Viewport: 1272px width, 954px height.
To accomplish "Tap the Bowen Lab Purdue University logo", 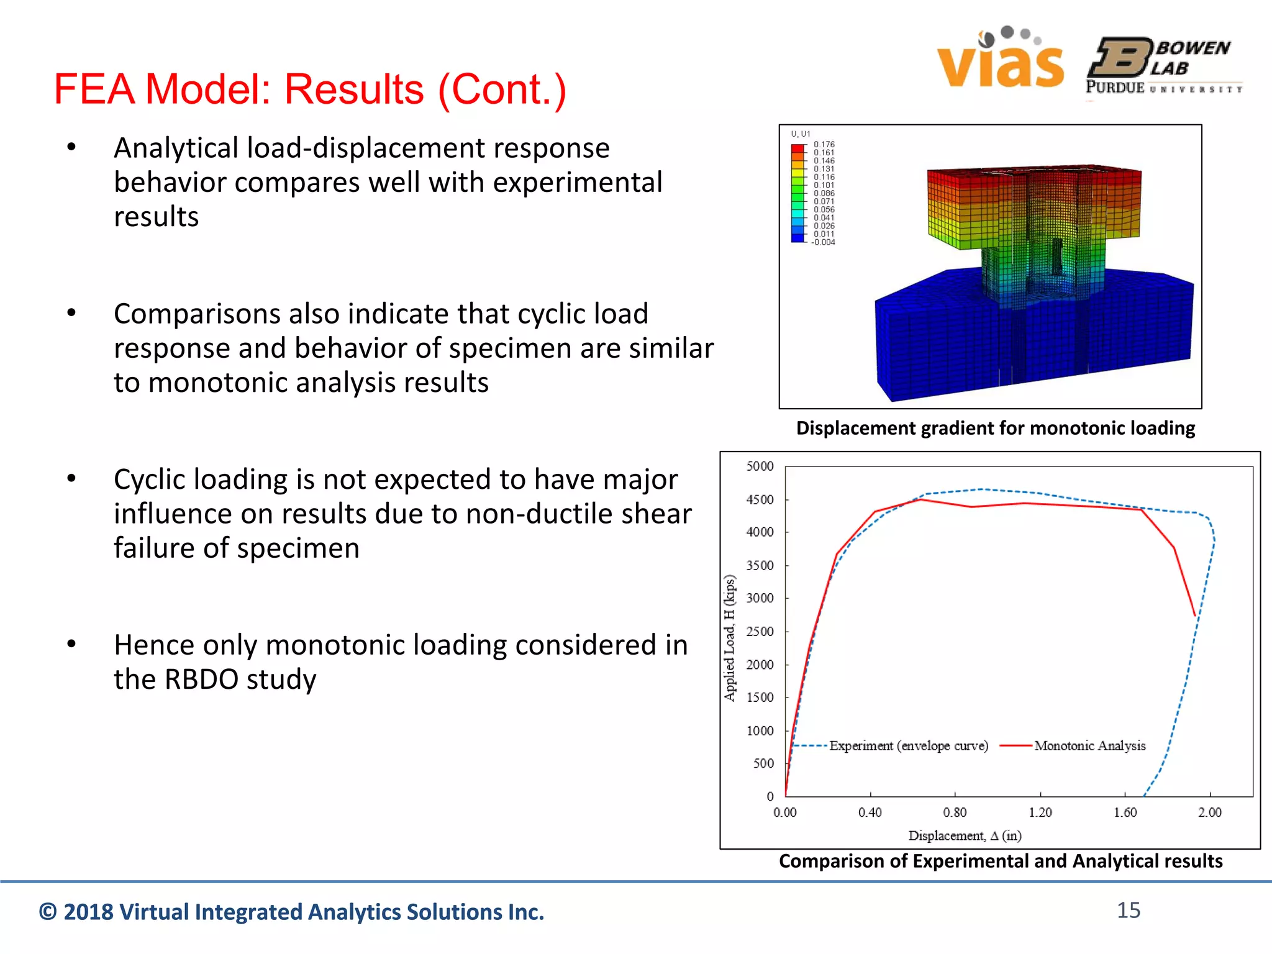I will click(x=1164, y=66).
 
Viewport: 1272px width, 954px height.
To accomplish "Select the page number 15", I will click(x=1128, y=910).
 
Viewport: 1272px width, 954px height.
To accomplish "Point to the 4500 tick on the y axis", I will click(x=760, y=499).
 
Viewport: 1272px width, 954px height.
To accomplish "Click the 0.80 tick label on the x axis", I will click(x=955, y=812).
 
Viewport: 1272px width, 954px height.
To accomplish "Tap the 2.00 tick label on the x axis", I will click(x=1209, y=812).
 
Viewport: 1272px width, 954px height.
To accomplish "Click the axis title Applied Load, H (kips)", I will click(x=730, y=638).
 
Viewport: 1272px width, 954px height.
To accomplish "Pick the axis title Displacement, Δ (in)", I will click(x=965, y=835).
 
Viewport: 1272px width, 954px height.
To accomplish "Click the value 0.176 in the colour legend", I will click(x=824, y=144).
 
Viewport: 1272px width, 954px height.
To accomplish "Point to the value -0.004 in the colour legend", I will click(x=824, y=242).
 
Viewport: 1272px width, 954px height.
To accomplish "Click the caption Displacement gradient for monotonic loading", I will click(x=995, y=428).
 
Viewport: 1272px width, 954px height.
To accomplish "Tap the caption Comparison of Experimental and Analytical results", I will click(x=1000, y=861).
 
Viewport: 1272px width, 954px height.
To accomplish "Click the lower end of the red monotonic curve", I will click(x=1194, y=616).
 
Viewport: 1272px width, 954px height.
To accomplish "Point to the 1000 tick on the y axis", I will click(x=760, y=730).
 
